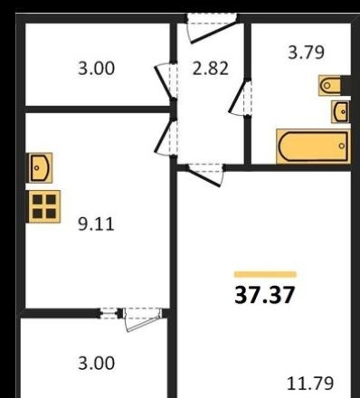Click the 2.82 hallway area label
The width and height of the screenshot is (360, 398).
click(x=211, y=68)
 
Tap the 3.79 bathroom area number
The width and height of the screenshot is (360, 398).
click(x=307, y=52)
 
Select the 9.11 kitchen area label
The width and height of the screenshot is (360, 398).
click(x=96, y=224)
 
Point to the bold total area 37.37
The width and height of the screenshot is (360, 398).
click(x=264, y=295)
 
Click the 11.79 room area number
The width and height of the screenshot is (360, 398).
click(x=310, y=384)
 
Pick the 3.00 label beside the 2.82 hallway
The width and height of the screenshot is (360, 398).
click(x=97, y=68)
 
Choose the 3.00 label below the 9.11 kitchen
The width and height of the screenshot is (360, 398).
click(x=97, y=363)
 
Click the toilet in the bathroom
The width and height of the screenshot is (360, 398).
click(x=330, y=86)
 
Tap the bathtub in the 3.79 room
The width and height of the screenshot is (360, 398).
click(x=314, y=147)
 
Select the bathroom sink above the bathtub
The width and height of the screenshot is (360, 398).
click(x=341, y=112)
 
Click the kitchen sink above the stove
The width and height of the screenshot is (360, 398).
click(x=41, y=167)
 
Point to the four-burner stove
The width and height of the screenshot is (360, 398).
click(x=44, y=207)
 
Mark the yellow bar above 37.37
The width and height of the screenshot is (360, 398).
click(x=265, y=274)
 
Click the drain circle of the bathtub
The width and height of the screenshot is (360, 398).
click(x=342, y=146)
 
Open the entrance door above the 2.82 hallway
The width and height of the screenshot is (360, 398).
click(x=211, y=28)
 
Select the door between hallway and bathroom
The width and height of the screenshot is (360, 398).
click(x=241, y=98)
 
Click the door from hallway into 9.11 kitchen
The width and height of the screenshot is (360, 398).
click(x=166, y=137)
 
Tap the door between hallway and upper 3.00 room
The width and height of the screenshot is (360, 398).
click(x=166, y=81)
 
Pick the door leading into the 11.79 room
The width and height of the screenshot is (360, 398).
click(x=206, y=175)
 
